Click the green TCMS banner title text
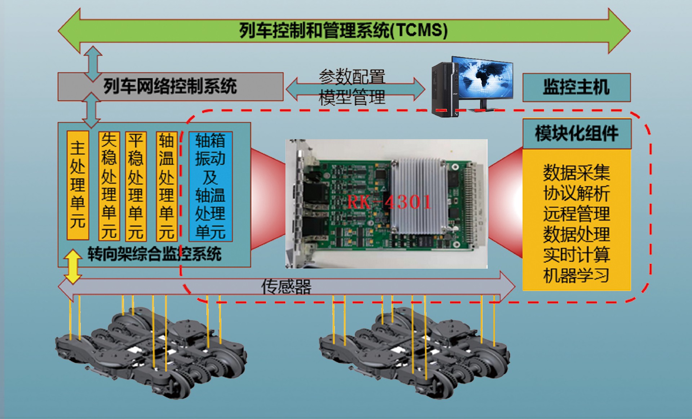coord(343,30)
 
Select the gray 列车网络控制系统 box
coord(170,87)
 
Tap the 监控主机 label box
coord(576,87)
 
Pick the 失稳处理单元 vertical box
coord(109,186)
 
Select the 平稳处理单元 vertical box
coord(136,186)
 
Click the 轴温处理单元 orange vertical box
coord(167,186)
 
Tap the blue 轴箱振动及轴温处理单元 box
coord(210,186)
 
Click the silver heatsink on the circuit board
coord(419,197)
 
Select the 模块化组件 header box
coord(576,133)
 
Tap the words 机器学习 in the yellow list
coord(576,275)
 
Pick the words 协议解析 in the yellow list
coord(576,193)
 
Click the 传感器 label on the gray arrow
coord(286,287)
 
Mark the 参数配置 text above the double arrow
coord(352,76)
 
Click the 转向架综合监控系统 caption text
coord(154,255)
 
